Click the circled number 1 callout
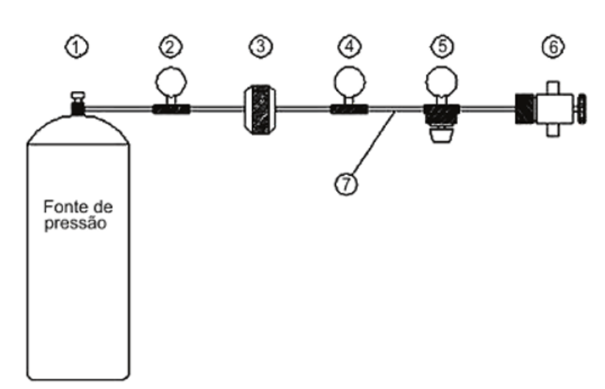click(76, 47)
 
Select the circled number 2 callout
click(171, 47)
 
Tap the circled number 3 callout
click(260, 46)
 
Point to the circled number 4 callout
click(350, 46)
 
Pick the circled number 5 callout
click(443, 46)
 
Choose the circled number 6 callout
click(553, 47)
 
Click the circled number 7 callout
click(346, 184)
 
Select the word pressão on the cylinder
click(76, 224)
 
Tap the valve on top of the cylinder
click(78, 103)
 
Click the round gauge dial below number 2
click(171, 82)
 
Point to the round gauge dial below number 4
click(349, 82)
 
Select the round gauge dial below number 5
click(442, 82)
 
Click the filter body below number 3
click(260, 110)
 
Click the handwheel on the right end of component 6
click(581, 109)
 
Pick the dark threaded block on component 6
click(525, 109)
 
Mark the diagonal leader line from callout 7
click(373, 143)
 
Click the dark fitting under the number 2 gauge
click(171, 110)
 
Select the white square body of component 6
click(554, 109)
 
